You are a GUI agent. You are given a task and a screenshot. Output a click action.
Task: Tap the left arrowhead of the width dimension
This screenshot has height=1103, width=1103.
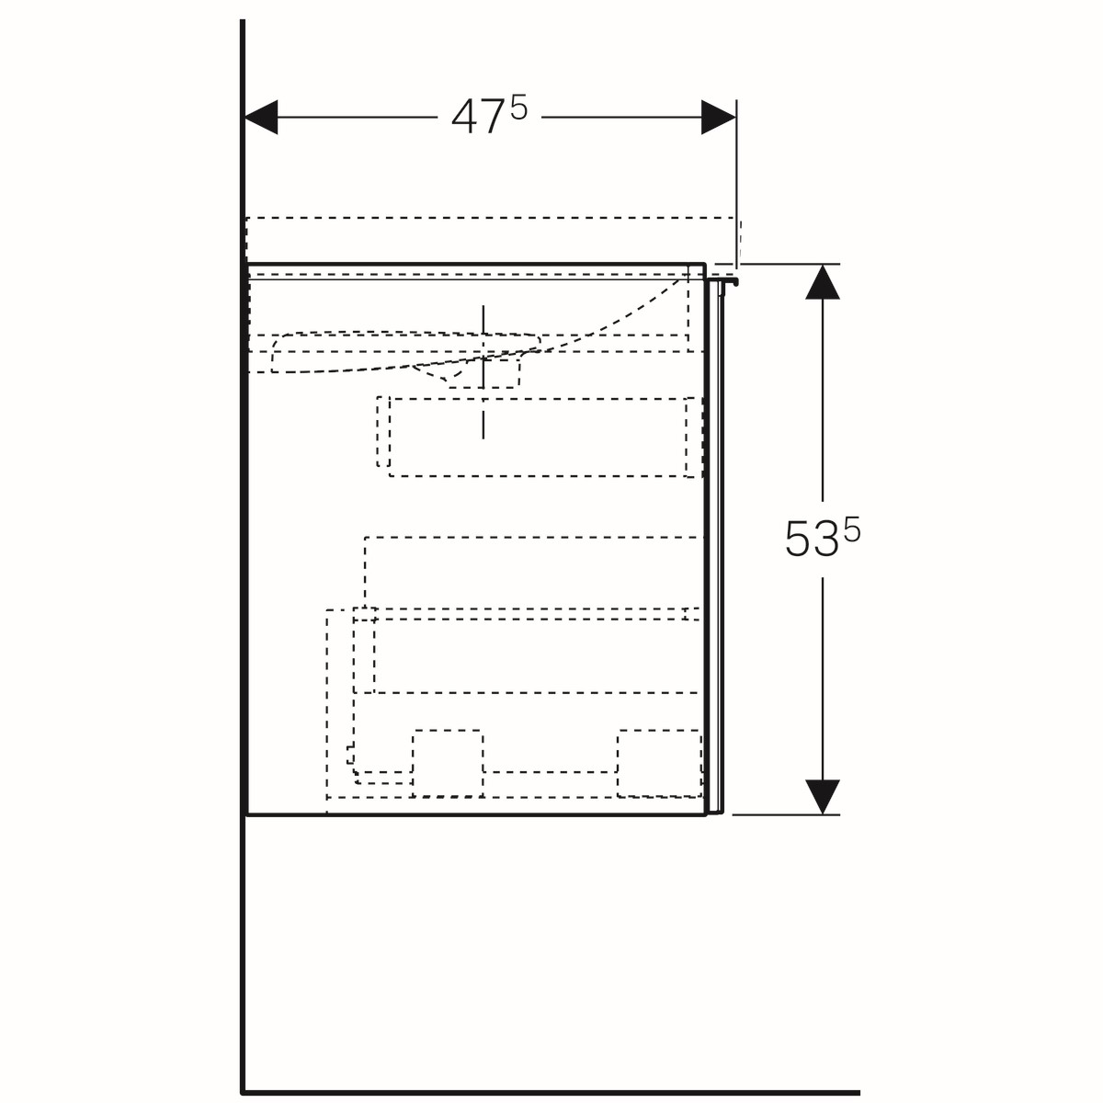pos(261,118)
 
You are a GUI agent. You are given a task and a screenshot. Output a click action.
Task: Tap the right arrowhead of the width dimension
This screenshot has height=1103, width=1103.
pos(719,118)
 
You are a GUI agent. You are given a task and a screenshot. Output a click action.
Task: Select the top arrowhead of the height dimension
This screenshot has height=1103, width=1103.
pos(823,281)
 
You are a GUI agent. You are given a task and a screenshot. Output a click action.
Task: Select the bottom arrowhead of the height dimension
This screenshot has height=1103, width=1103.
pos(823,797)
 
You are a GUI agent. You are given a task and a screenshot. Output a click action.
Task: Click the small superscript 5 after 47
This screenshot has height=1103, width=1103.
pos(518,108)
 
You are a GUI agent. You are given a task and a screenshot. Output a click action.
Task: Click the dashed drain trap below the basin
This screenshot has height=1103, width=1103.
pos(483,374)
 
